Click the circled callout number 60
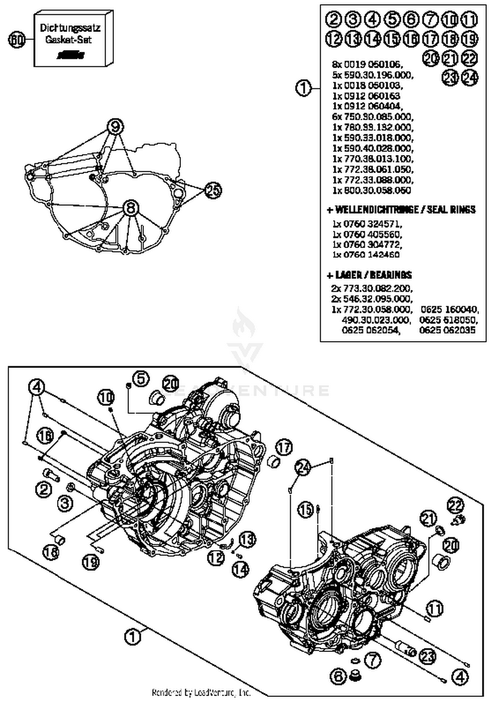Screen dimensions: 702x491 (x=16, y=40)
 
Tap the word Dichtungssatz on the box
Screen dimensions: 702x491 (x=70, y=28)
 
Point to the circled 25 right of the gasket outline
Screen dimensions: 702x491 (x=213, y=190)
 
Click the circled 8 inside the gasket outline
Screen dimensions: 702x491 (x=131, y=208)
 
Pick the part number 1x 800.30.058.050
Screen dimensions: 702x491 (x=372, y=190)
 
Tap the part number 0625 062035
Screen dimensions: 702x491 (x=447, y=330)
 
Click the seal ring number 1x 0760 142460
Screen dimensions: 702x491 (x=366, y=254)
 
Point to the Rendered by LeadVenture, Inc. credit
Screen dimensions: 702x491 (x=201, y=693)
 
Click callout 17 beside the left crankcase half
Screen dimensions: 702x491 (x=284, y=447)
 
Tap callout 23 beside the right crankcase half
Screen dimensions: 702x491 (x=428, y=656)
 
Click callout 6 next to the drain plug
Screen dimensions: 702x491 (x=338, y=676)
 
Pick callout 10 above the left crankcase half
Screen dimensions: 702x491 (x=106, y=397)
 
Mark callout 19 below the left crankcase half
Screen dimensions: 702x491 (x=91, y=562)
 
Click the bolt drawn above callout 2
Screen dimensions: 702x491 (x=51, y=474)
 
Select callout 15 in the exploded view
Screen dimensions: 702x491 (x=306, y=510)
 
